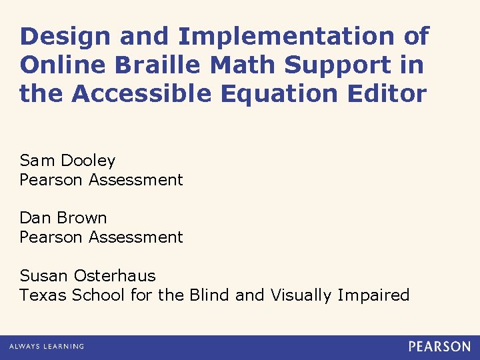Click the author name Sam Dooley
(67, 161)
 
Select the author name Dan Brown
(63, 218)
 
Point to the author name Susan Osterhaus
(87, 276)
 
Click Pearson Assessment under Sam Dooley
(101, 180)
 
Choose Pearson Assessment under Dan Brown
(101, 237)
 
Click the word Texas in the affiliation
(41, 295)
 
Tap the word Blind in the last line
(209, 295)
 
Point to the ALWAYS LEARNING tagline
(47, 347)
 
